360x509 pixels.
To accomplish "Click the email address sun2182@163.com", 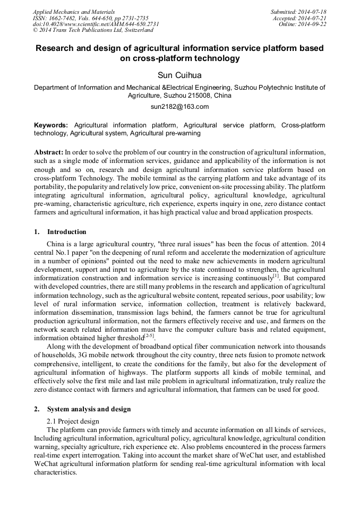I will pos(179,106).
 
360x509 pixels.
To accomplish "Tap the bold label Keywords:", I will pos(51,125).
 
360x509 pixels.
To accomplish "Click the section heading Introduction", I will pos(66,232).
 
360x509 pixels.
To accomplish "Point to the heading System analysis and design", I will pos(89,409).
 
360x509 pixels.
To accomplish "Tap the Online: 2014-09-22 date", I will pos(302,24).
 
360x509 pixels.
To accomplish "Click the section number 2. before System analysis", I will pos(37,409).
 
